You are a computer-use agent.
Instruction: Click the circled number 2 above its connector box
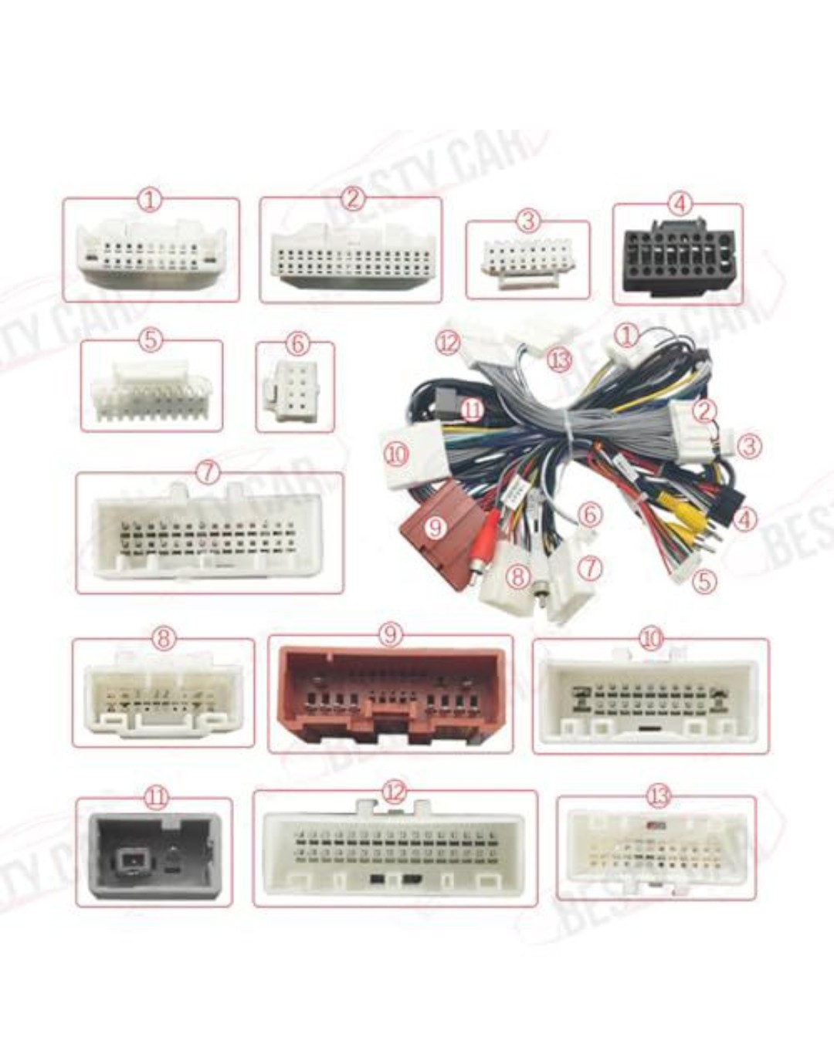click(x=352, y=198)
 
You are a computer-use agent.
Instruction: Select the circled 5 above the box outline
click(x=151, y=339)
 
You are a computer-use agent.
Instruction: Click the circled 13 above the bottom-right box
click(x=658, y=796)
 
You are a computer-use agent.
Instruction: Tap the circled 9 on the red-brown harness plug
click(x=436, y=527)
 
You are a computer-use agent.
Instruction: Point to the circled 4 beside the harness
click(x=744, y=519)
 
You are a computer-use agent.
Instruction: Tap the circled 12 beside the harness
click(x=449, y=342)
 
